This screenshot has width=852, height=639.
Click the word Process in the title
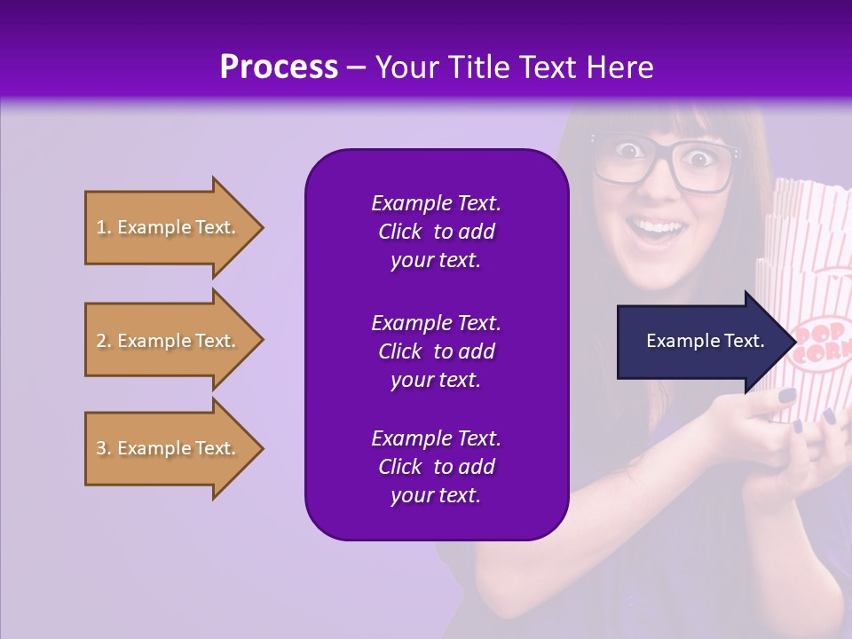point(279,67)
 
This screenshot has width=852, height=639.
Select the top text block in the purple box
point(436,232)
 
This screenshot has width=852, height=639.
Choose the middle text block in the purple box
point(436,351)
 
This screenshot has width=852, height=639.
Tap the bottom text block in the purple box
point(436,467)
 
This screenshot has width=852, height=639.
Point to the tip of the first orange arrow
point(263,227)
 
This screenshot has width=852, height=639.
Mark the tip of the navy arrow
point(795,341)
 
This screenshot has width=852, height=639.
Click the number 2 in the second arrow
point(101,341)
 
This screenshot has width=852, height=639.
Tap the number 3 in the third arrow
point(101,448)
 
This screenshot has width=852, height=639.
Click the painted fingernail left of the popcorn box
point(787,395)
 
